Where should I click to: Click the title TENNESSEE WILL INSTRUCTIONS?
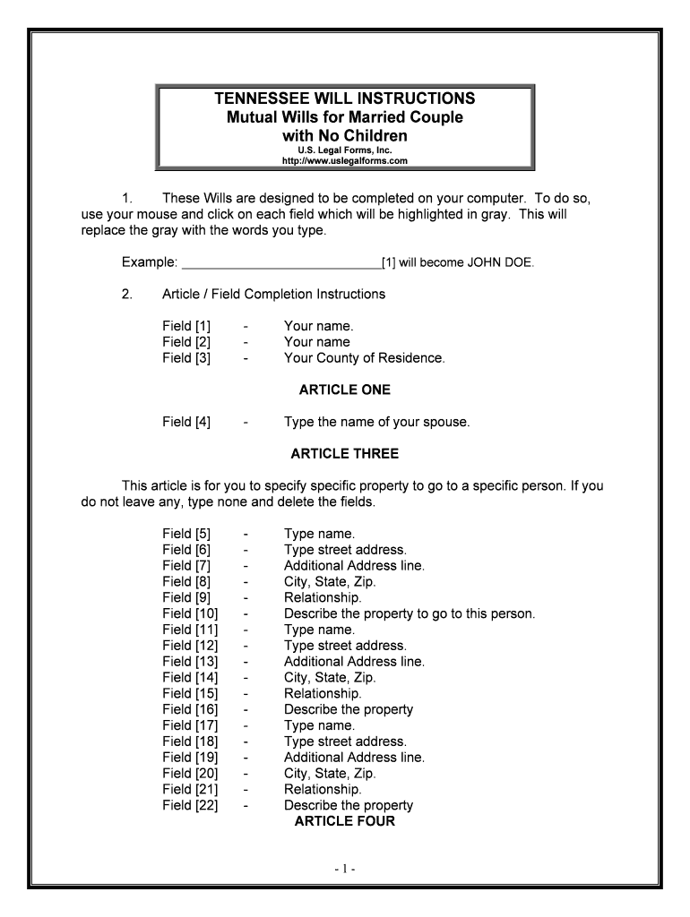(x=345, y=99)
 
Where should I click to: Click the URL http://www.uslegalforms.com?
(x=345, y=161)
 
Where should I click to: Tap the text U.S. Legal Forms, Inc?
(x=345, y=150)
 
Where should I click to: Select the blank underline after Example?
(x=280, y=263)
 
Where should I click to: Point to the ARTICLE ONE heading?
(x=345, y=390)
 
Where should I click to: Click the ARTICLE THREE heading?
(x=345, y=454)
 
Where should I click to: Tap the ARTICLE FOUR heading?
(x=345, y=821)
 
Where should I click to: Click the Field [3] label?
(x=186, y=358)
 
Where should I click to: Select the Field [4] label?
(x=186, y=422)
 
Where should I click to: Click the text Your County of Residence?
(x=364, y=358)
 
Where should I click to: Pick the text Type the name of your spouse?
(x=376, y=422)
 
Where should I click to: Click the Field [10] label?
(x=190, y=613)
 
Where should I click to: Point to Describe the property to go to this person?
(x=409, y=613)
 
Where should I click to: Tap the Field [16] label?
(x=190, y=709)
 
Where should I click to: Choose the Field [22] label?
(x=190, y=805)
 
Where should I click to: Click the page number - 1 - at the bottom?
(x=345, y=869)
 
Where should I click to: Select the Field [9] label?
(x=186, y=597)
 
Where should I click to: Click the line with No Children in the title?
(x=345, y=135)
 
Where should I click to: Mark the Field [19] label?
(x=190, y=758)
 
